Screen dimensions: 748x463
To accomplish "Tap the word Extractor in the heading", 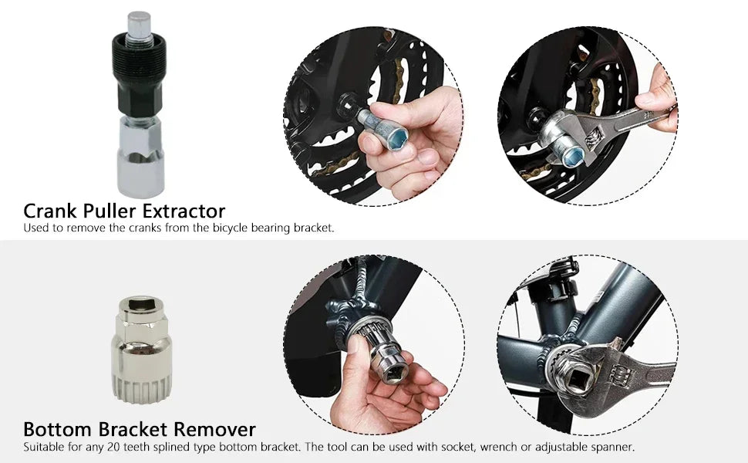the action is coord(184,211).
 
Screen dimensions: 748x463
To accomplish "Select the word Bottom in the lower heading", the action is coord(57,429).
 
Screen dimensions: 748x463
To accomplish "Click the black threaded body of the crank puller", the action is coord(138,73).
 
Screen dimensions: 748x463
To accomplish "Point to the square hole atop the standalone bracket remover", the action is coord(141,304).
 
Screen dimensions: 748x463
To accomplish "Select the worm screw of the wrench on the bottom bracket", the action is coord(621,375).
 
